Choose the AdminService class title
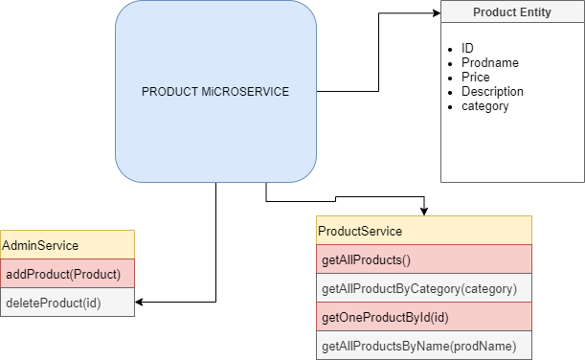(41, 246)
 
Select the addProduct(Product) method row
(67, 274)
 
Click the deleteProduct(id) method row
(67, 303)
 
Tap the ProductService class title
(360, 232)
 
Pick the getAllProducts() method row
(423, 259)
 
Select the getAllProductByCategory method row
(423, 288)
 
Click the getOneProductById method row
(423, 317)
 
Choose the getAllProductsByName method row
(423, 346)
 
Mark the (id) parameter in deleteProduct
(91, 303)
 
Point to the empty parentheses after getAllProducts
(405, 259)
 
